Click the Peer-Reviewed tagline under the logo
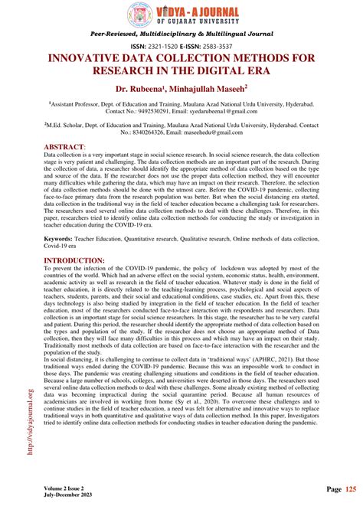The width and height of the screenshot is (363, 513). click(180, 34)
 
